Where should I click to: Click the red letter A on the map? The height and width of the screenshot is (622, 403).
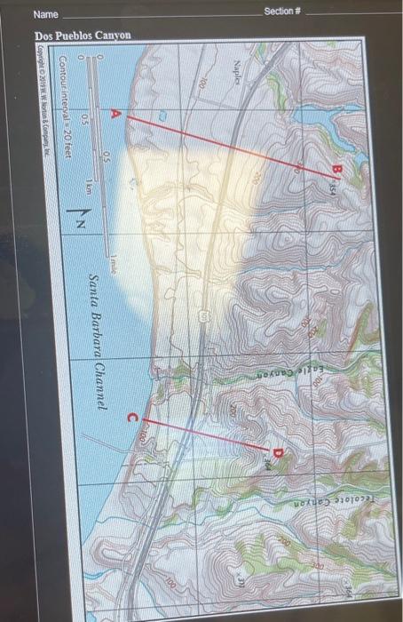pyautogui.click(x=114, y=114)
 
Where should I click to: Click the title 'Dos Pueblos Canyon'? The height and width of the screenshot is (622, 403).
pyautogui.click(x=82, y=35)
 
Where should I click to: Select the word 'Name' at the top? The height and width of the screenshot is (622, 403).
pyautogui.click(x=46, y=15)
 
